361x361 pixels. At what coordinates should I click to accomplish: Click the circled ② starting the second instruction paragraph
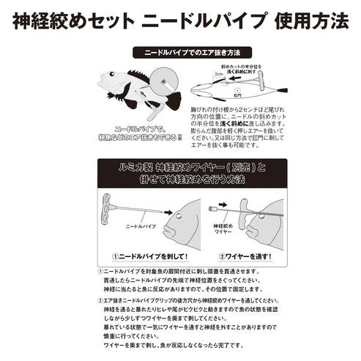(100, 300)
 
